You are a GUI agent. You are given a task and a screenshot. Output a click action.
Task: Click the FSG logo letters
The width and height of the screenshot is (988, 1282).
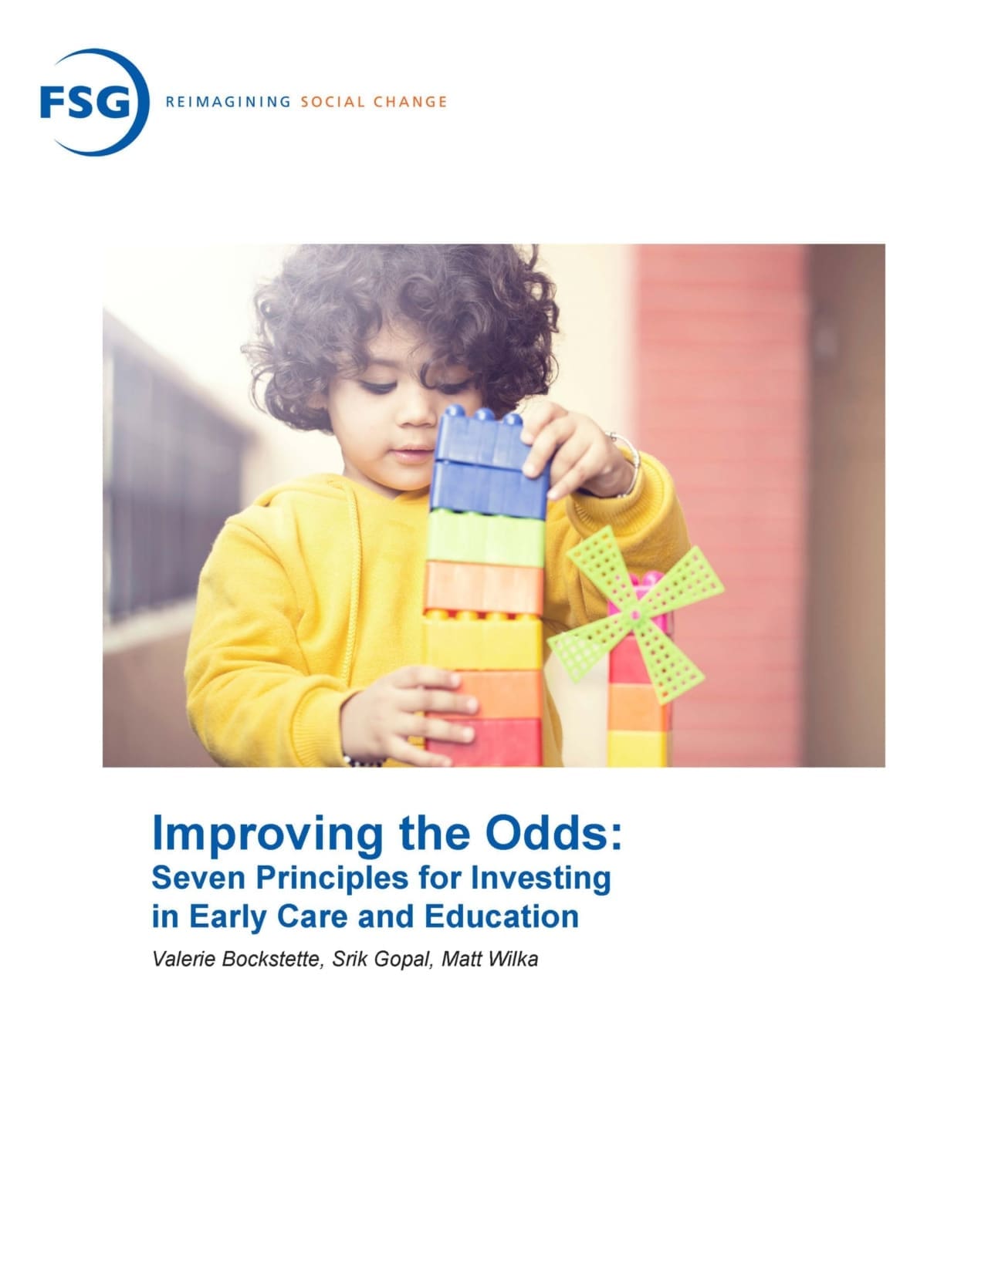(85, 102)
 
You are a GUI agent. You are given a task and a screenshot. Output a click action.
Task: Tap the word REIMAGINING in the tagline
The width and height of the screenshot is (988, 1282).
(228, 102)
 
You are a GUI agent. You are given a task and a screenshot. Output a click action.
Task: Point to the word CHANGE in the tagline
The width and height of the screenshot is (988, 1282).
(410, 102)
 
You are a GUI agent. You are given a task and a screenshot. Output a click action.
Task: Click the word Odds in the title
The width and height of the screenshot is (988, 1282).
(553, 833)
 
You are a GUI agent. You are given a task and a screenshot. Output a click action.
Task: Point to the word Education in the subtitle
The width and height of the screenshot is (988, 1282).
(501, 917)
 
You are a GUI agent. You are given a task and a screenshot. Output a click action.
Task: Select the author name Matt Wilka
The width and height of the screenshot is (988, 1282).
(489, 959)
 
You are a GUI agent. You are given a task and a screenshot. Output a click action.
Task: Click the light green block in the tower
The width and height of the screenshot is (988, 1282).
(486, 538)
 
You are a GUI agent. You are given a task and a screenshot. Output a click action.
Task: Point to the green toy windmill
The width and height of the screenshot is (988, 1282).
(635, 613)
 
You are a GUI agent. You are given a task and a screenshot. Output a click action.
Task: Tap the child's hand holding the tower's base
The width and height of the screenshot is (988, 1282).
(410, 714)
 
